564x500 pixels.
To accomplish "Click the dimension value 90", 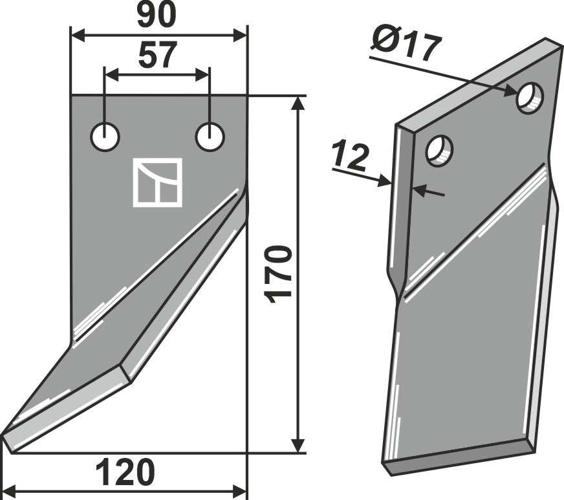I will [157, 16].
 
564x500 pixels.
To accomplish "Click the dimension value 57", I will [157, 56].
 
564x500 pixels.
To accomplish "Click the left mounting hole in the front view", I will [105, 138].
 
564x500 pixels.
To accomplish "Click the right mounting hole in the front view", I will [210, 138].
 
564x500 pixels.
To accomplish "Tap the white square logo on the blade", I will [157, 182].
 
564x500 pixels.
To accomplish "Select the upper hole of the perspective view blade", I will [530, 98].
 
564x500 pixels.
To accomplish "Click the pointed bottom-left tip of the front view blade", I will [4, 435].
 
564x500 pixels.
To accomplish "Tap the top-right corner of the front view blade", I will [247, 96].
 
